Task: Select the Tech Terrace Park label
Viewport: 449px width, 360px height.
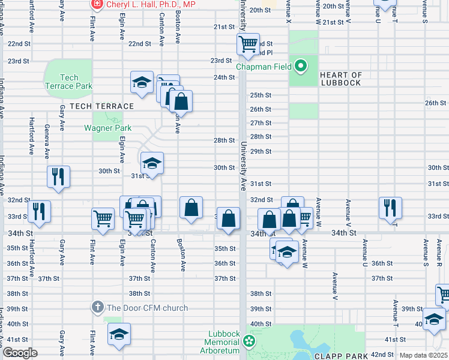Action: pos(69,82)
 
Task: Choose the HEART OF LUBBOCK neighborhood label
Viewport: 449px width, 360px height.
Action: pos(341,79)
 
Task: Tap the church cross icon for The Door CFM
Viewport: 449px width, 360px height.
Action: pos(98,308)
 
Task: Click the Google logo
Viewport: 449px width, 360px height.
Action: pos(20,353)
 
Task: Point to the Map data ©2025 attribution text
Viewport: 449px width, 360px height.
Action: pos(424,356)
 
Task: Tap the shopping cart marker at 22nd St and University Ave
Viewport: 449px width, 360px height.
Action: pos(247,44)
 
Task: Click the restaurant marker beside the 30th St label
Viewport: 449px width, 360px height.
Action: pos(58,176)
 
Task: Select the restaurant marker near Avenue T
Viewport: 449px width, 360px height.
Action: pos(390,208)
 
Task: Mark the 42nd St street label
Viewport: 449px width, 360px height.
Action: pos(381,355)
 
